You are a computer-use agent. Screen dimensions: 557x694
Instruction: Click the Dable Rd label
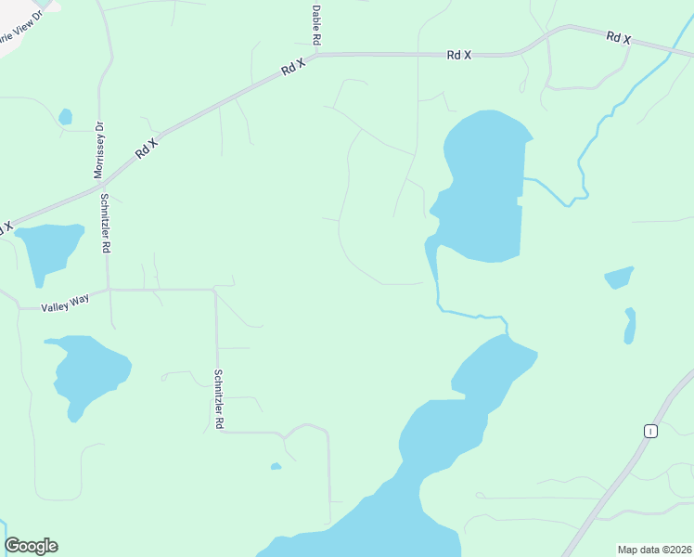316,24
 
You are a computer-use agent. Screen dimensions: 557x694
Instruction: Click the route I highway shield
652,430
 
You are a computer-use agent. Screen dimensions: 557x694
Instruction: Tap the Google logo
31,546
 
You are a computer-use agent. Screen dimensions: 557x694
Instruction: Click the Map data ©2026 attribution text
653,550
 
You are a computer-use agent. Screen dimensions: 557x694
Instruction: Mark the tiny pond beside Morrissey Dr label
65,117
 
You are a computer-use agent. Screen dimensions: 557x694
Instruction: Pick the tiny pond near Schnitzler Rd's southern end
276,466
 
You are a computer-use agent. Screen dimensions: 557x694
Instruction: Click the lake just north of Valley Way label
48,248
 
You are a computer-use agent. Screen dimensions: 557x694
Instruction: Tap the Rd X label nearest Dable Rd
294,67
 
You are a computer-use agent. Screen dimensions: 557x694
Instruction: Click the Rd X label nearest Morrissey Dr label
147,146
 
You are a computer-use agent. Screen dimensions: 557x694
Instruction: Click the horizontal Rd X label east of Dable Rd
458,56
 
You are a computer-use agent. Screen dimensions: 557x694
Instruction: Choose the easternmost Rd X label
619,38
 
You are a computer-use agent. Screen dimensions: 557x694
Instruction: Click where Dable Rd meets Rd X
317,54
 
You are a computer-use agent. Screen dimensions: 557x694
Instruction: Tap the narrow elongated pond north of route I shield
630,325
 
